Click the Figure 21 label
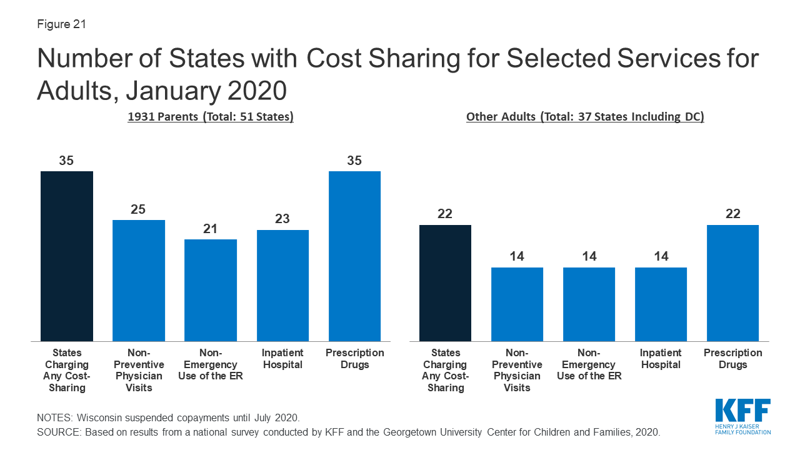(x=61, y=24)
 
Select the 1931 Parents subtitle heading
(x=211, y=117)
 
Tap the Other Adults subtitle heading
(x=585, y=117)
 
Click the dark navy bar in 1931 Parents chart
(x=67, y=256)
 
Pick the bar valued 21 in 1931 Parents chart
(x=211, y=290)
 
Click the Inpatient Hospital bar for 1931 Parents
(x=282, y=285)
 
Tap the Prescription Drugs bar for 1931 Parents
(x=354, y=256)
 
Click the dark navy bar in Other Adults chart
(x=445, y=282)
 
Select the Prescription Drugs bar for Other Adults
(x=732, y=282)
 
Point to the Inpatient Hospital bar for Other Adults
(x=661, y=304)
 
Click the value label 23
(x=282, y=219)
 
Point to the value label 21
(x=211, y=229)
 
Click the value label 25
(x=138, y=209)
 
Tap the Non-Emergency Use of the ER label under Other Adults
(x=589, y=364)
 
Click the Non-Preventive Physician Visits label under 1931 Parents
(x=139, y=370)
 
